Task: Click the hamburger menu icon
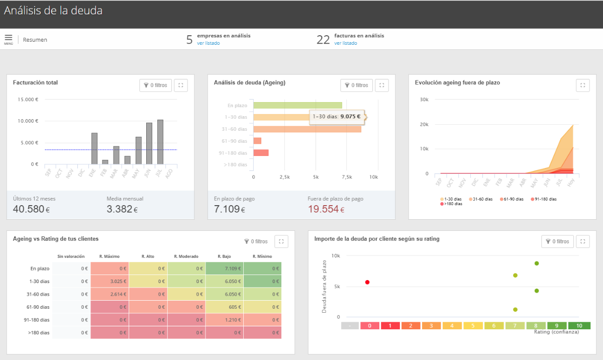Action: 9,38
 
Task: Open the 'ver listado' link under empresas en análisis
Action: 208,43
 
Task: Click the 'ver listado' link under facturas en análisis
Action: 345,43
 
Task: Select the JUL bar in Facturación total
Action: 160,142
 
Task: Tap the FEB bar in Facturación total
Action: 105,162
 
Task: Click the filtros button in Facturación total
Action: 155,85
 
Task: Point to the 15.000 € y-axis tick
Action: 28,99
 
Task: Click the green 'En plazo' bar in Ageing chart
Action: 297,106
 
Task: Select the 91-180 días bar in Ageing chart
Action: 261,153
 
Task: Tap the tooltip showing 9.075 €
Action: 337,117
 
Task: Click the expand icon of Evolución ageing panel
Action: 582,85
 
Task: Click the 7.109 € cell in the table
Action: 224,268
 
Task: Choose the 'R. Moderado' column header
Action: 186,256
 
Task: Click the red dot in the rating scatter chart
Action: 367,283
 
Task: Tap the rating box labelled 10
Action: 579,326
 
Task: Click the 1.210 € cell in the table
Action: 224,320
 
